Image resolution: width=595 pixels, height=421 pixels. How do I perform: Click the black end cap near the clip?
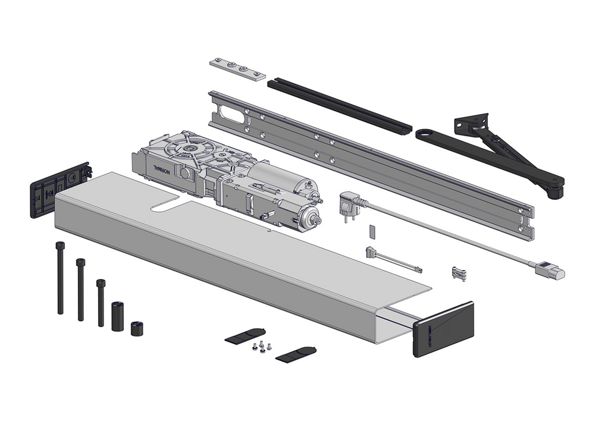[x=443, y=328]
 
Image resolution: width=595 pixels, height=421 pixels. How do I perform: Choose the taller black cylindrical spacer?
[x=117, y=316]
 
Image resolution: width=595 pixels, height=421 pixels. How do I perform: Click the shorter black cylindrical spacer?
[x=137, y=328]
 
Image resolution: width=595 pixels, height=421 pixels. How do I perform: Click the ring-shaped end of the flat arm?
[x=425, y=134]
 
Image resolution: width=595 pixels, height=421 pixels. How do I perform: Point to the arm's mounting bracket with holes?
[x=471, y=124]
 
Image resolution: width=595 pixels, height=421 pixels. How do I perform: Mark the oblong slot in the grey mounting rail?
[x=231, y=114]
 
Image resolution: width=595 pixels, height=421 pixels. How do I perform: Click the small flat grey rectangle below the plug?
[x=372, y=231]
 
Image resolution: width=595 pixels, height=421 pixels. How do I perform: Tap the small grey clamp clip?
[x=459, y=273]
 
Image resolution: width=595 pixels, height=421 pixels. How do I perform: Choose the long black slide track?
[x=339, y=106]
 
